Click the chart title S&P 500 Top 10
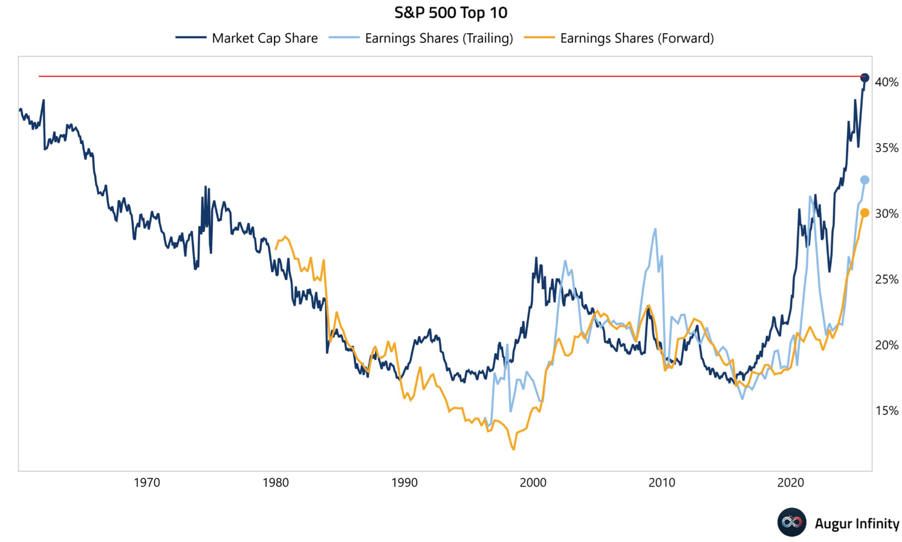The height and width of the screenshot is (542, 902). [x=450, y=13]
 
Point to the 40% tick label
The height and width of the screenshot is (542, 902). [x=886, y=82]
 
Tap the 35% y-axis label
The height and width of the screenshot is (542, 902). [x=886, y=148]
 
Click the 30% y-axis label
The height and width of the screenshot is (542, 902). [x=886, y=214]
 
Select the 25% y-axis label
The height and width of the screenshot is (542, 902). [x=886, y=279]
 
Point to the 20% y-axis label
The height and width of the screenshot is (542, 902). [x=886, y=345]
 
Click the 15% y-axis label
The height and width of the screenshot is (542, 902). [x=886, y=411]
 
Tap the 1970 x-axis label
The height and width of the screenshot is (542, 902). [x=147, y=483]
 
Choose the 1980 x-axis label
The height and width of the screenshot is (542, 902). [x=276, y=483]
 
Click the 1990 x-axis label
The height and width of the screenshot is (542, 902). [x=404, y=483]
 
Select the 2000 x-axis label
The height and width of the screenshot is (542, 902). [x=533, y=483]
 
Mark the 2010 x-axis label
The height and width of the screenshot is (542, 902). [x=662, y=483]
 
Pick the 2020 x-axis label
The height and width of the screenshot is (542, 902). [x=791, y=483]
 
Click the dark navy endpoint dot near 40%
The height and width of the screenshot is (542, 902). [x=865, y=78]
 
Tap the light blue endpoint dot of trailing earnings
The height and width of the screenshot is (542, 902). [x=865, y=180]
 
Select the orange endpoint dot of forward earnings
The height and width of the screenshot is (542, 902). [x=865, y=213]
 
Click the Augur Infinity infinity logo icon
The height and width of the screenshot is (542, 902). [x=792, y=522]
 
